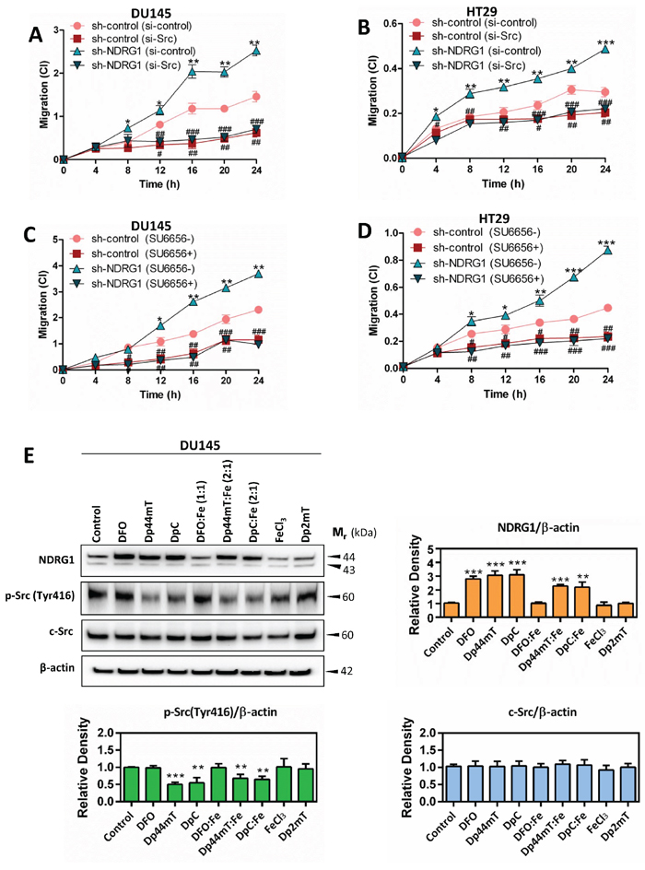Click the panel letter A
pyautogui.click(x=36, y=35)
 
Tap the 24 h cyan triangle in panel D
pyautogui.click(x=608, y=250)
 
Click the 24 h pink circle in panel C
pyautogui.click(x=258, y=310)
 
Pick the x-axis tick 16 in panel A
pyautogui.click(x=193, y=170)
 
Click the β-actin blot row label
pyautogui.click(x=57, y=667)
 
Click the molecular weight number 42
pyautogui.click(x=346, y=671)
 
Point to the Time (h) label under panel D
pyautogui.click(x=504, y=394)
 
